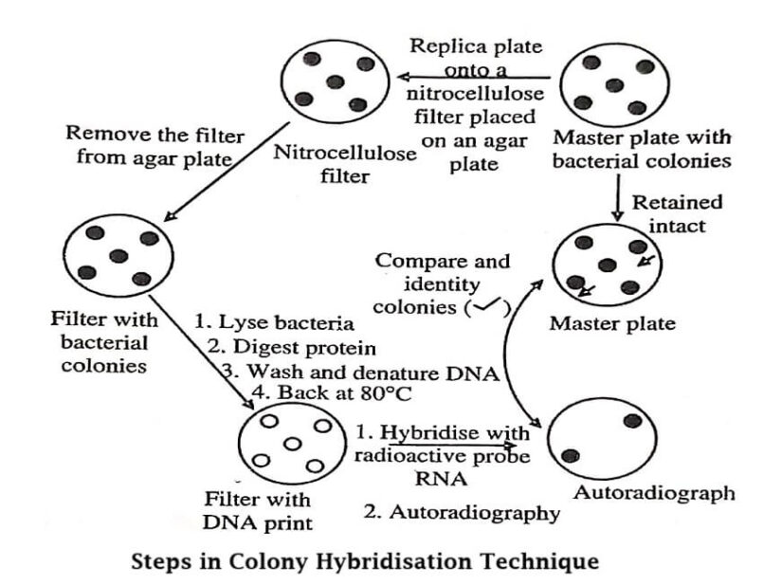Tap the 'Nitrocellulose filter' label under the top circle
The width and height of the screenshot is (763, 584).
tap(345, 164)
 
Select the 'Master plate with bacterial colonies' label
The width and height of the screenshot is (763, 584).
tap(642, 150)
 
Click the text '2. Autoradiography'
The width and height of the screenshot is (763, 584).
tap(462, 513)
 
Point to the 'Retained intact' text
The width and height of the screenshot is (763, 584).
tap(677, 212)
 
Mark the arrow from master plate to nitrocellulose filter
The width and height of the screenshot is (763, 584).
tap(474, 77)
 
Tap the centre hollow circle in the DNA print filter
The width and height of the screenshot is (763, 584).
tap(292, 444)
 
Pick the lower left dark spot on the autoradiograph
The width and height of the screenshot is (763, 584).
tap(571, 457)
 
